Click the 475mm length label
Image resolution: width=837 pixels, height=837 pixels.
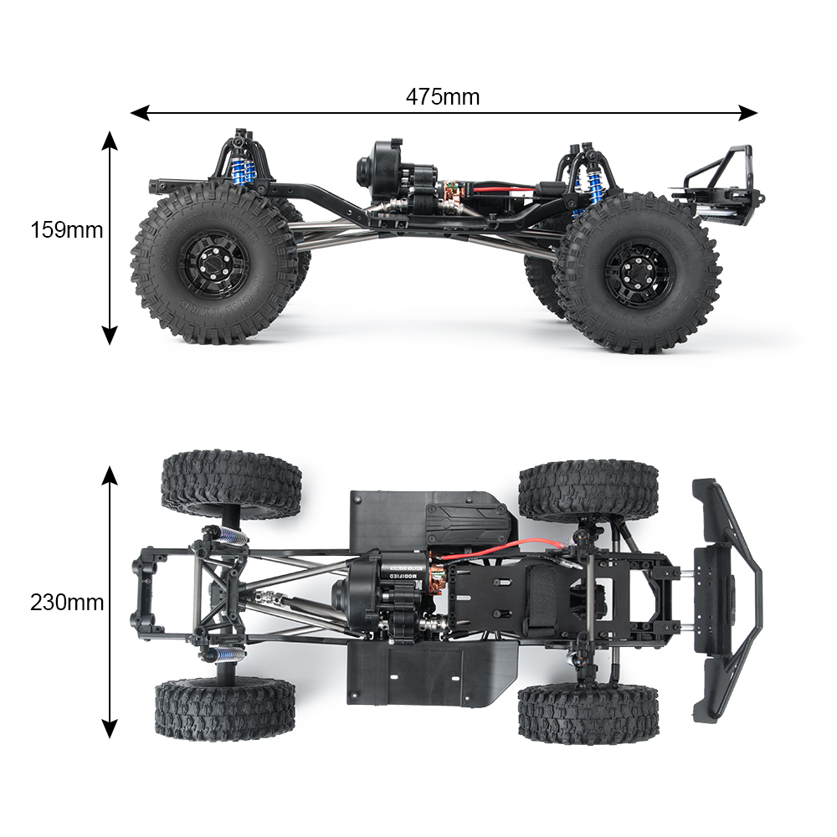click(x=443, y=97)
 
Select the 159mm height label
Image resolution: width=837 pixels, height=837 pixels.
click(x=67, y=230)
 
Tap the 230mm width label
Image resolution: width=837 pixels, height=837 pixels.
click(x=67, y=603)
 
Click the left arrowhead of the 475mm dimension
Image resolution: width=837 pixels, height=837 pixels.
click(x=140, y=113)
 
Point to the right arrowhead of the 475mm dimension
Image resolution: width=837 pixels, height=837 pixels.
click(x=747, y=113)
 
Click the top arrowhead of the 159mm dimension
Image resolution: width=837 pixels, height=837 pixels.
click(x=110, y=141)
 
